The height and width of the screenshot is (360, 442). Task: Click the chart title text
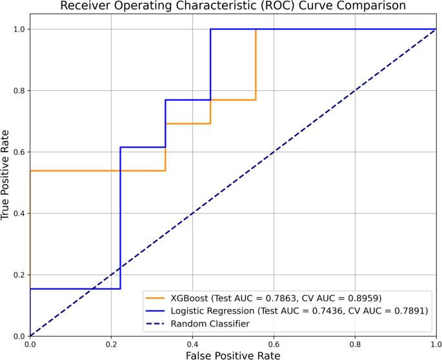(x=233, y=6)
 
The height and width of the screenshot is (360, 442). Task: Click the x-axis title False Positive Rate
(x=233, y=354)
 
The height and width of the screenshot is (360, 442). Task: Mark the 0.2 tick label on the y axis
(x=19, y=275)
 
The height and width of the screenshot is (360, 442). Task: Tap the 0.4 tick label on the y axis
(x=19, y=214)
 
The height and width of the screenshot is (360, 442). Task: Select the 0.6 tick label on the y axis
(x=19, y=152)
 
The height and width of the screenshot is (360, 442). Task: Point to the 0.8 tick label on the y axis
(x=19, y=91)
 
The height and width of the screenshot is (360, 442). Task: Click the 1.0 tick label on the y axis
(x=19, y=30)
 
